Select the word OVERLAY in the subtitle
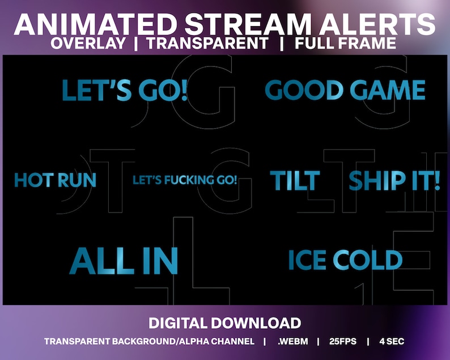point(88,44)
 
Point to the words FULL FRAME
point(345,44)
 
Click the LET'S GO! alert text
point(124,91)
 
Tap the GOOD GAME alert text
point(345,91)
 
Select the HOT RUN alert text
point(55,180)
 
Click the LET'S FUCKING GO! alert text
point(185,181)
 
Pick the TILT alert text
point(294,180)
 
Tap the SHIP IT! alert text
point(394,180)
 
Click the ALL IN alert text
point(124,261)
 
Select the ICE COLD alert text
point(345,260)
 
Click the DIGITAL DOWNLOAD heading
point(224,323)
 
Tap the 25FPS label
point(342,341)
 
